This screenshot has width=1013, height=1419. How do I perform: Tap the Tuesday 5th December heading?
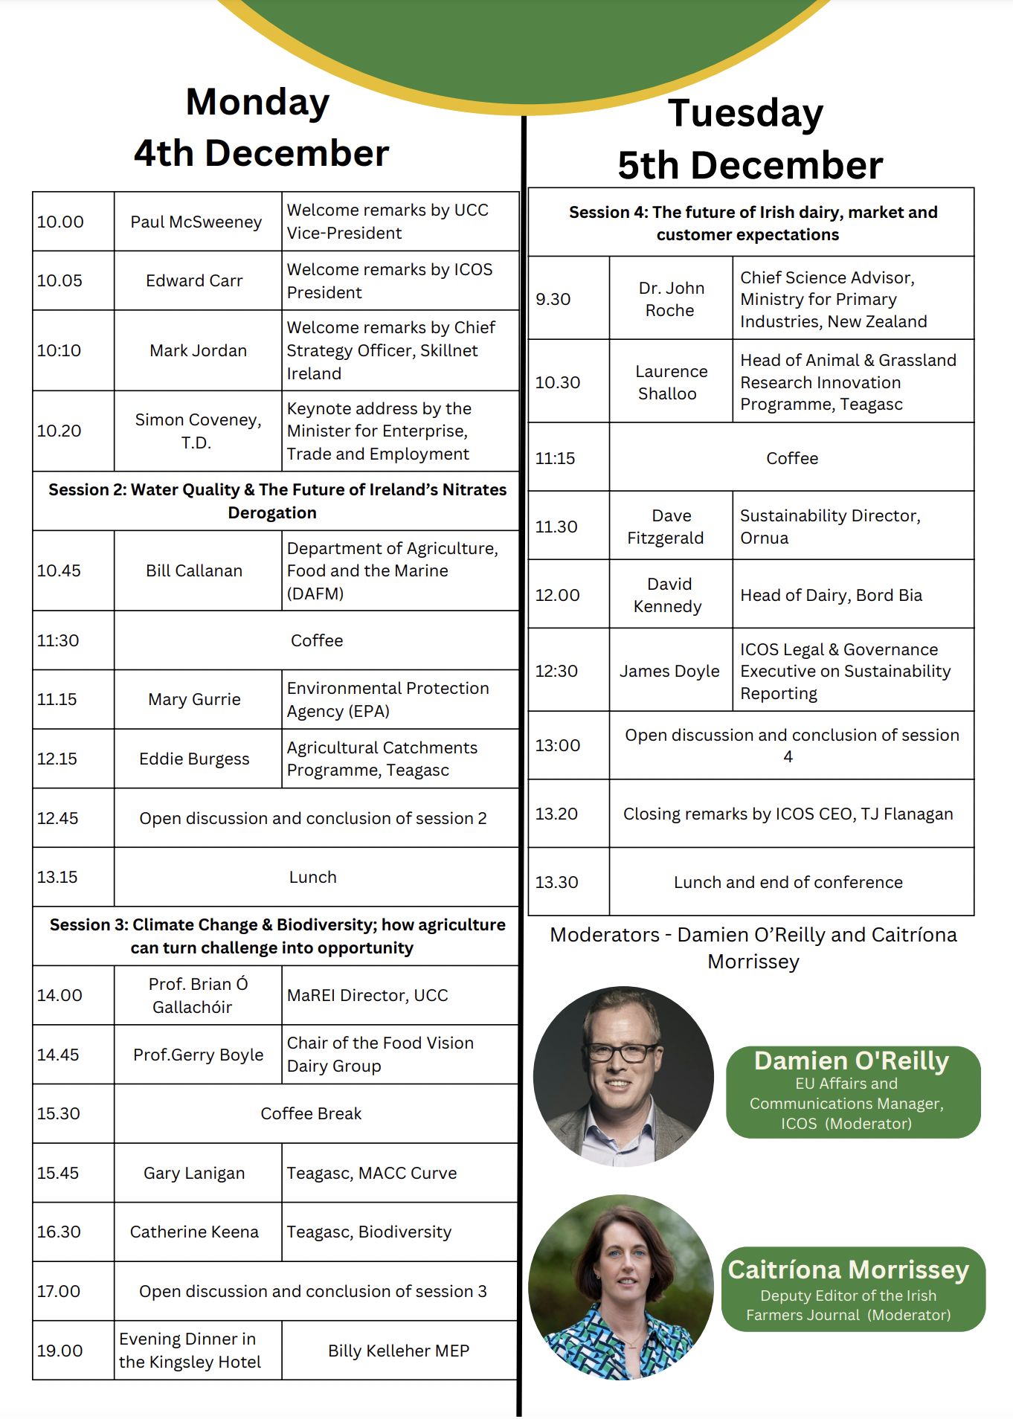point(750,139)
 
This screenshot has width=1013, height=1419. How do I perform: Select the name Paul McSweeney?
point(196,222)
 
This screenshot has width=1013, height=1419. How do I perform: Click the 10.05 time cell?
point(60,280)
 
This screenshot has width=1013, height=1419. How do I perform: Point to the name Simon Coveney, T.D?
point(197,431)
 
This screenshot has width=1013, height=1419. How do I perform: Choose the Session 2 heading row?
point(277,501)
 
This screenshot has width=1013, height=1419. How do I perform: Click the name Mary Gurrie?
point(195,699)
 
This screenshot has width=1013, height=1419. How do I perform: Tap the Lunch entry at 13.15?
point(312,877)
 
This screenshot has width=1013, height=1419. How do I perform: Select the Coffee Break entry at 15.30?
point(311,1113)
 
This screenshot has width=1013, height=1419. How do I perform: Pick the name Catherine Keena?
point(194,1232)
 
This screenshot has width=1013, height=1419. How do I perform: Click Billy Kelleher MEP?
point(399,1351)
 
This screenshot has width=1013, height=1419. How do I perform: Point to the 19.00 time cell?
point(60,1351)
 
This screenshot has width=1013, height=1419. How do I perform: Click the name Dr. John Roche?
point(671,298)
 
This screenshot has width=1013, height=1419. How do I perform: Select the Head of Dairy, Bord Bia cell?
point(831,595)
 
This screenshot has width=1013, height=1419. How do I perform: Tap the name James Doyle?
point(669,671)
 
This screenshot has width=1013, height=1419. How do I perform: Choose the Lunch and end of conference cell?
point(788,882)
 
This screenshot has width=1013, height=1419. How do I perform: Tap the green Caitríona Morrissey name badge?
point(852,1289)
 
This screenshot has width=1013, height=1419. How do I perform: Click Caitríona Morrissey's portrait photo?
point(622,1287)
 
